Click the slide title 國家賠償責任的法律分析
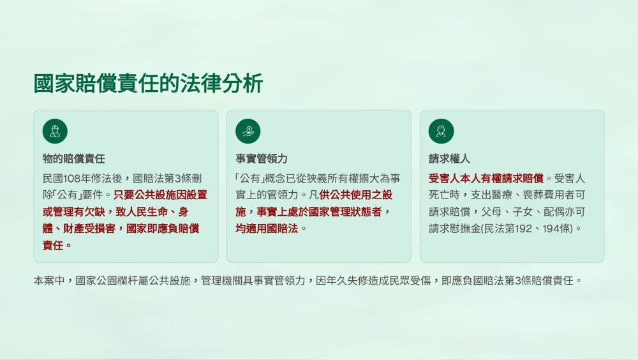(x=149, y=84)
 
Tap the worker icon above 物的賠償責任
(x=55, y=131)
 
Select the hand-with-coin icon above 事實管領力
(x=248, y=131)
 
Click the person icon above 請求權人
(x=441, y=131)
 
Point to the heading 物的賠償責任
(x=73, y=158)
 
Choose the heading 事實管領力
(x=261, y=158)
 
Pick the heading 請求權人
(x=449, y=158)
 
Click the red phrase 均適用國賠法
(x=267, y=229)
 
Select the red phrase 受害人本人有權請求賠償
(x=486, y=178)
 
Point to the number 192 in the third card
(x=523, y=229)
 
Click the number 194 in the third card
(x=551, y=229)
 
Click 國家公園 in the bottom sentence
(x=96, y=281)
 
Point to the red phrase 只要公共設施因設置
(x=160, y=195)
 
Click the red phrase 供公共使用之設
(x=355, y=195)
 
